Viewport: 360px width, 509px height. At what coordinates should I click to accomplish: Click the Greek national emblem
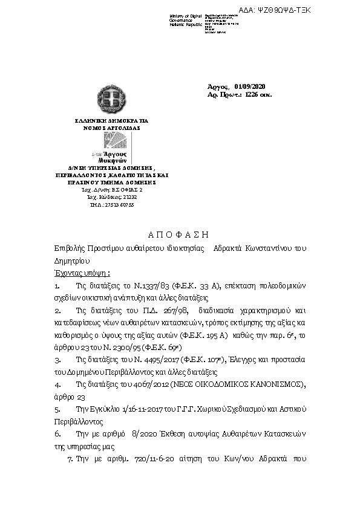click(x=111, y=100)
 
